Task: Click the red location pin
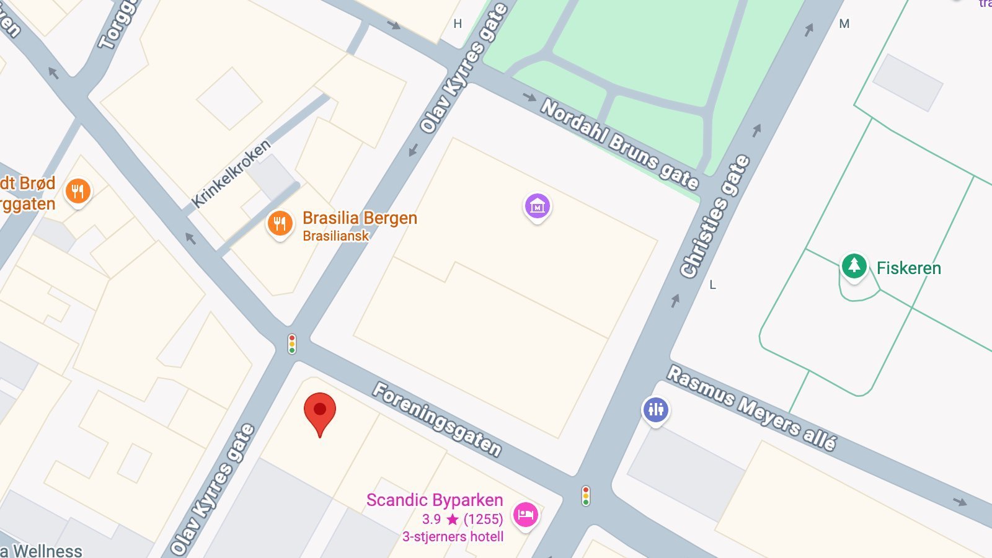point(320,410)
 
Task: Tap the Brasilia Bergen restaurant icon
point(280,223)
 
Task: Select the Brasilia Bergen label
point(360,218)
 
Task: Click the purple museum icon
point(538,206)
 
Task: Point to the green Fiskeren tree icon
point(854,266)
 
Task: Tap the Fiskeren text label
point(908,268)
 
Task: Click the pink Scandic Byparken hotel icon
point(525,515)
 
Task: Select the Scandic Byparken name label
point(434,500)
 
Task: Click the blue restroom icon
point(656,410)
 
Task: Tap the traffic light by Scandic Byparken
point(585,496)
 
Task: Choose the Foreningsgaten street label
point(437,420)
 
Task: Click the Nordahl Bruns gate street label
point(620,143)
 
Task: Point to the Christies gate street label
point(715,216)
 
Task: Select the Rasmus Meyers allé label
point(751,407)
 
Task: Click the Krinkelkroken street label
point(231,174)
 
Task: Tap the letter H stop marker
point(458,24)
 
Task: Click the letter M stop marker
point(844,24)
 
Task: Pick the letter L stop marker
point(712,285)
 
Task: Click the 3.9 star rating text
point(462,519)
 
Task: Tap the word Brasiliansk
point(335,236)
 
